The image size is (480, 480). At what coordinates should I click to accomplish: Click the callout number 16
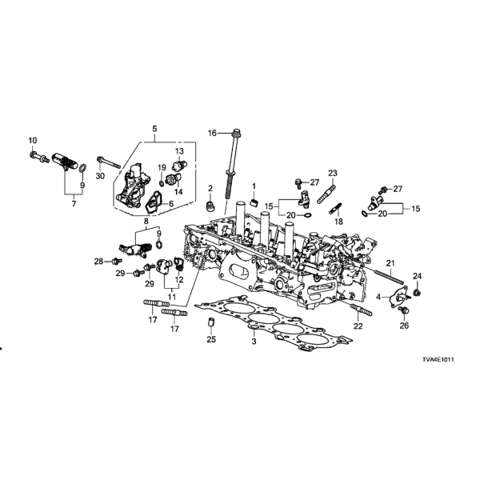213,133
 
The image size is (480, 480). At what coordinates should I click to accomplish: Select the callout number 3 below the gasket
253,342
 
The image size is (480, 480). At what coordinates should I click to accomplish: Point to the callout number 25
211,340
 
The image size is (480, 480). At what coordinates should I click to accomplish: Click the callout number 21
392,263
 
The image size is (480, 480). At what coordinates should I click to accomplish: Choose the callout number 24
416,277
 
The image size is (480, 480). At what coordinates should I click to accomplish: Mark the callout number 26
404,326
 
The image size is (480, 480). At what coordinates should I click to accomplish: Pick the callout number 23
332,173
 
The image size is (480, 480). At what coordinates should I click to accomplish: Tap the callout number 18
338,222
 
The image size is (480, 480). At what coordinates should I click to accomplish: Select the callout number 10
34,142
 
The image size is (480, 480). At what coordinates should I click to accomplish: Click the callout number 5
155,127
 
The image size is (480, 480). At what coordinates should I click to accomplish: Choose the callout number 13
180,151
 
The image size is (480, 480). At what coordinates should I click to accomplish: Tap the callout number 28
98,261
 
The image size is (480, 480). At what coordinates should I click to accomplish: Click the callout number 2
211,189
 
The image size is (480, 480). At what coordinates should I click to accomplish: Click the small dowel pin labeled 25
212,323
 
